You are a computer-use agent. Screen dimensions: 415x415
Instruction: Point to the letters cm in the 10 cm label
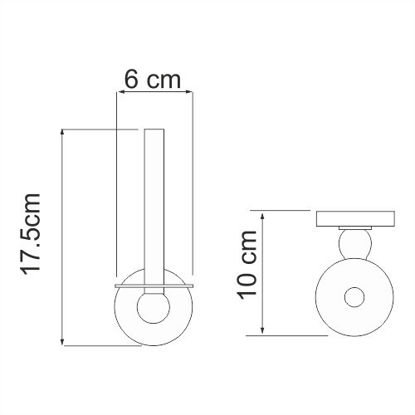(248, 247)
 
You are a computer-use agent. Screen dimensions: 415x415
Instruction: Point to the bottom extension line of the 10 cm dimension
(290, 335)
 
